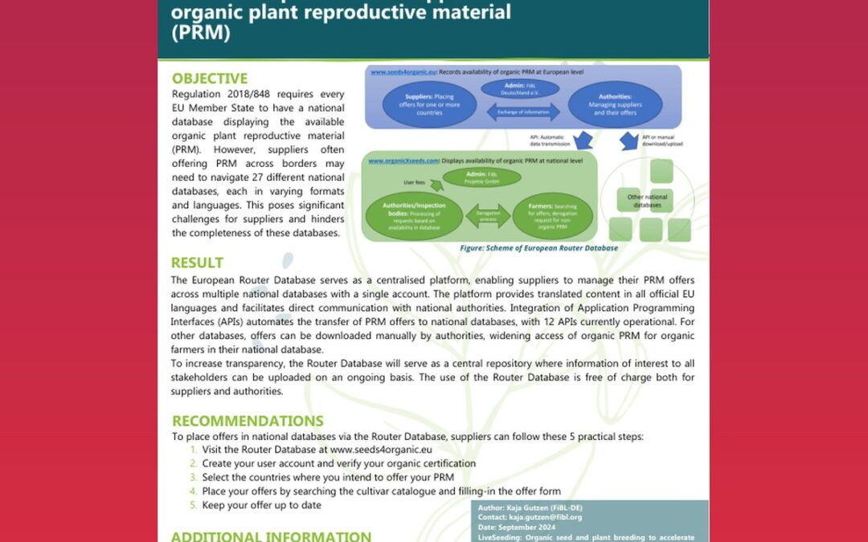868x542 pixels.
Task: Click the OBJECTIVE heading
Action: tap(210, 79)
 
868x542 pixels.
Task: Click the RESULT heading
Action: tap(198, 263)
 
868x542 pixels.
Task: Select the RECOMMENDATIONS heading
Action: tap(248, 421)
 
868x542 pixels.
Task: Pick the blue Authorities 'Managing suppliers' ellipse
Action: tap(614, 104)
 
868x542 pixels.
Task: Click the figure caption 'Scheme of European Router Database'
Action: tap(538, 248)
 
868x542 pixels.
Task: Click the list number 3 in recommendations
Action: tap(193, 477)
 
